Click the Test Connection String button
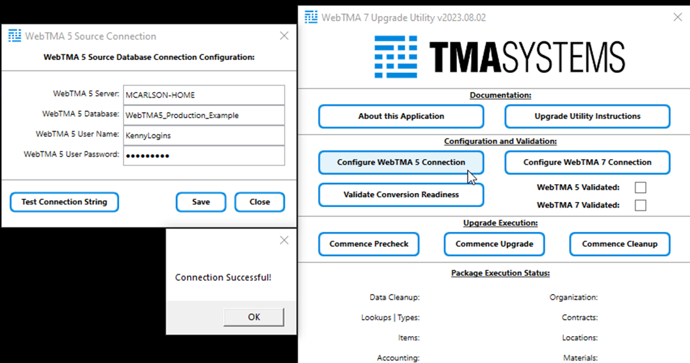pyautogui.click(x=65, y=202)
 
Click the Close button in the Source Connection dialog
pyautogui.click(x=259, y=202)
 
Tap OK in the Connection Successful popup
pyautogui.click(x=253, y=316)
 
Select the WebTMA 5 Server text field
pyautogui.click(x=204, y=95)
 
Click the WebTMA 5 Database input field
pyautogui.click(x=204, y=115)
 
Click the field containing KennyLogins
pyautogui.click(x=204, y=135)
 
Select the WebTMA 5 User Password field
pyautogui.click(x=204, y=155)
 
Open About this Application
pyautogui.click(x=401, y=116)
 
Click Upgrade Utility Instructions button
pyautogui.click(x=587, y=116)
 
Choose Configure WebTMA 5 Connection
pyautogui.click(x=401, y=162)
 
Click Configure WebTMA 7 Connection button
pyautogui.click(x=587, y=162)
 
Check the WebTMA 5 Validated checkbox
pyautogui.click(x=640, y=187)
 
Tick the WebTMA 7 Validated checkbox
pyautogui.click(x=640, y=205)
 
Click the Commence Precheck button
pyautogui.click(x=369, y=244)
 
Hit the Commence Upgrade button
pyautogui.click(x=494, y=244)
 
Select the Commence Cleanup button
pyautogui.click(x=619, y=244)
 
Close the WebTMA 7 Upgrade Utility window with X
pyautogui.click(x=678, y=17)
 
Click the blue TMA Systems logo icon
pyautogui.click(x=396, y=56)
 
